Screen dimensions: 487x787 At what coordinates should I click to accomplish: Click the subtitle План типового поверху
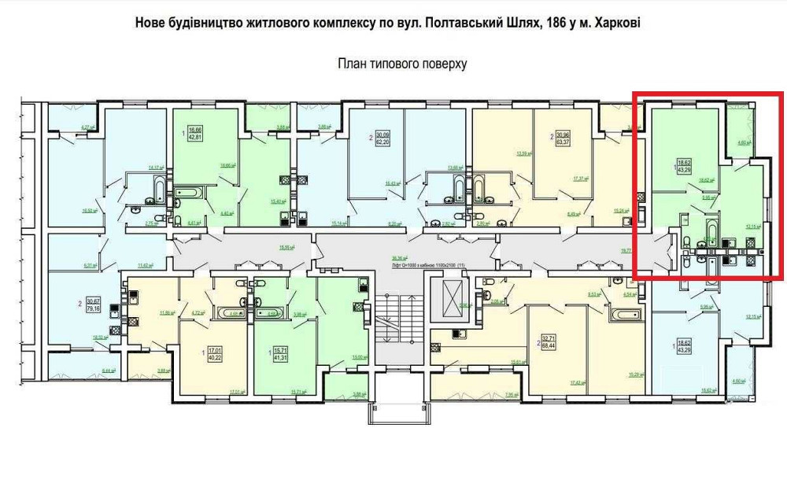point(402,64)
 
